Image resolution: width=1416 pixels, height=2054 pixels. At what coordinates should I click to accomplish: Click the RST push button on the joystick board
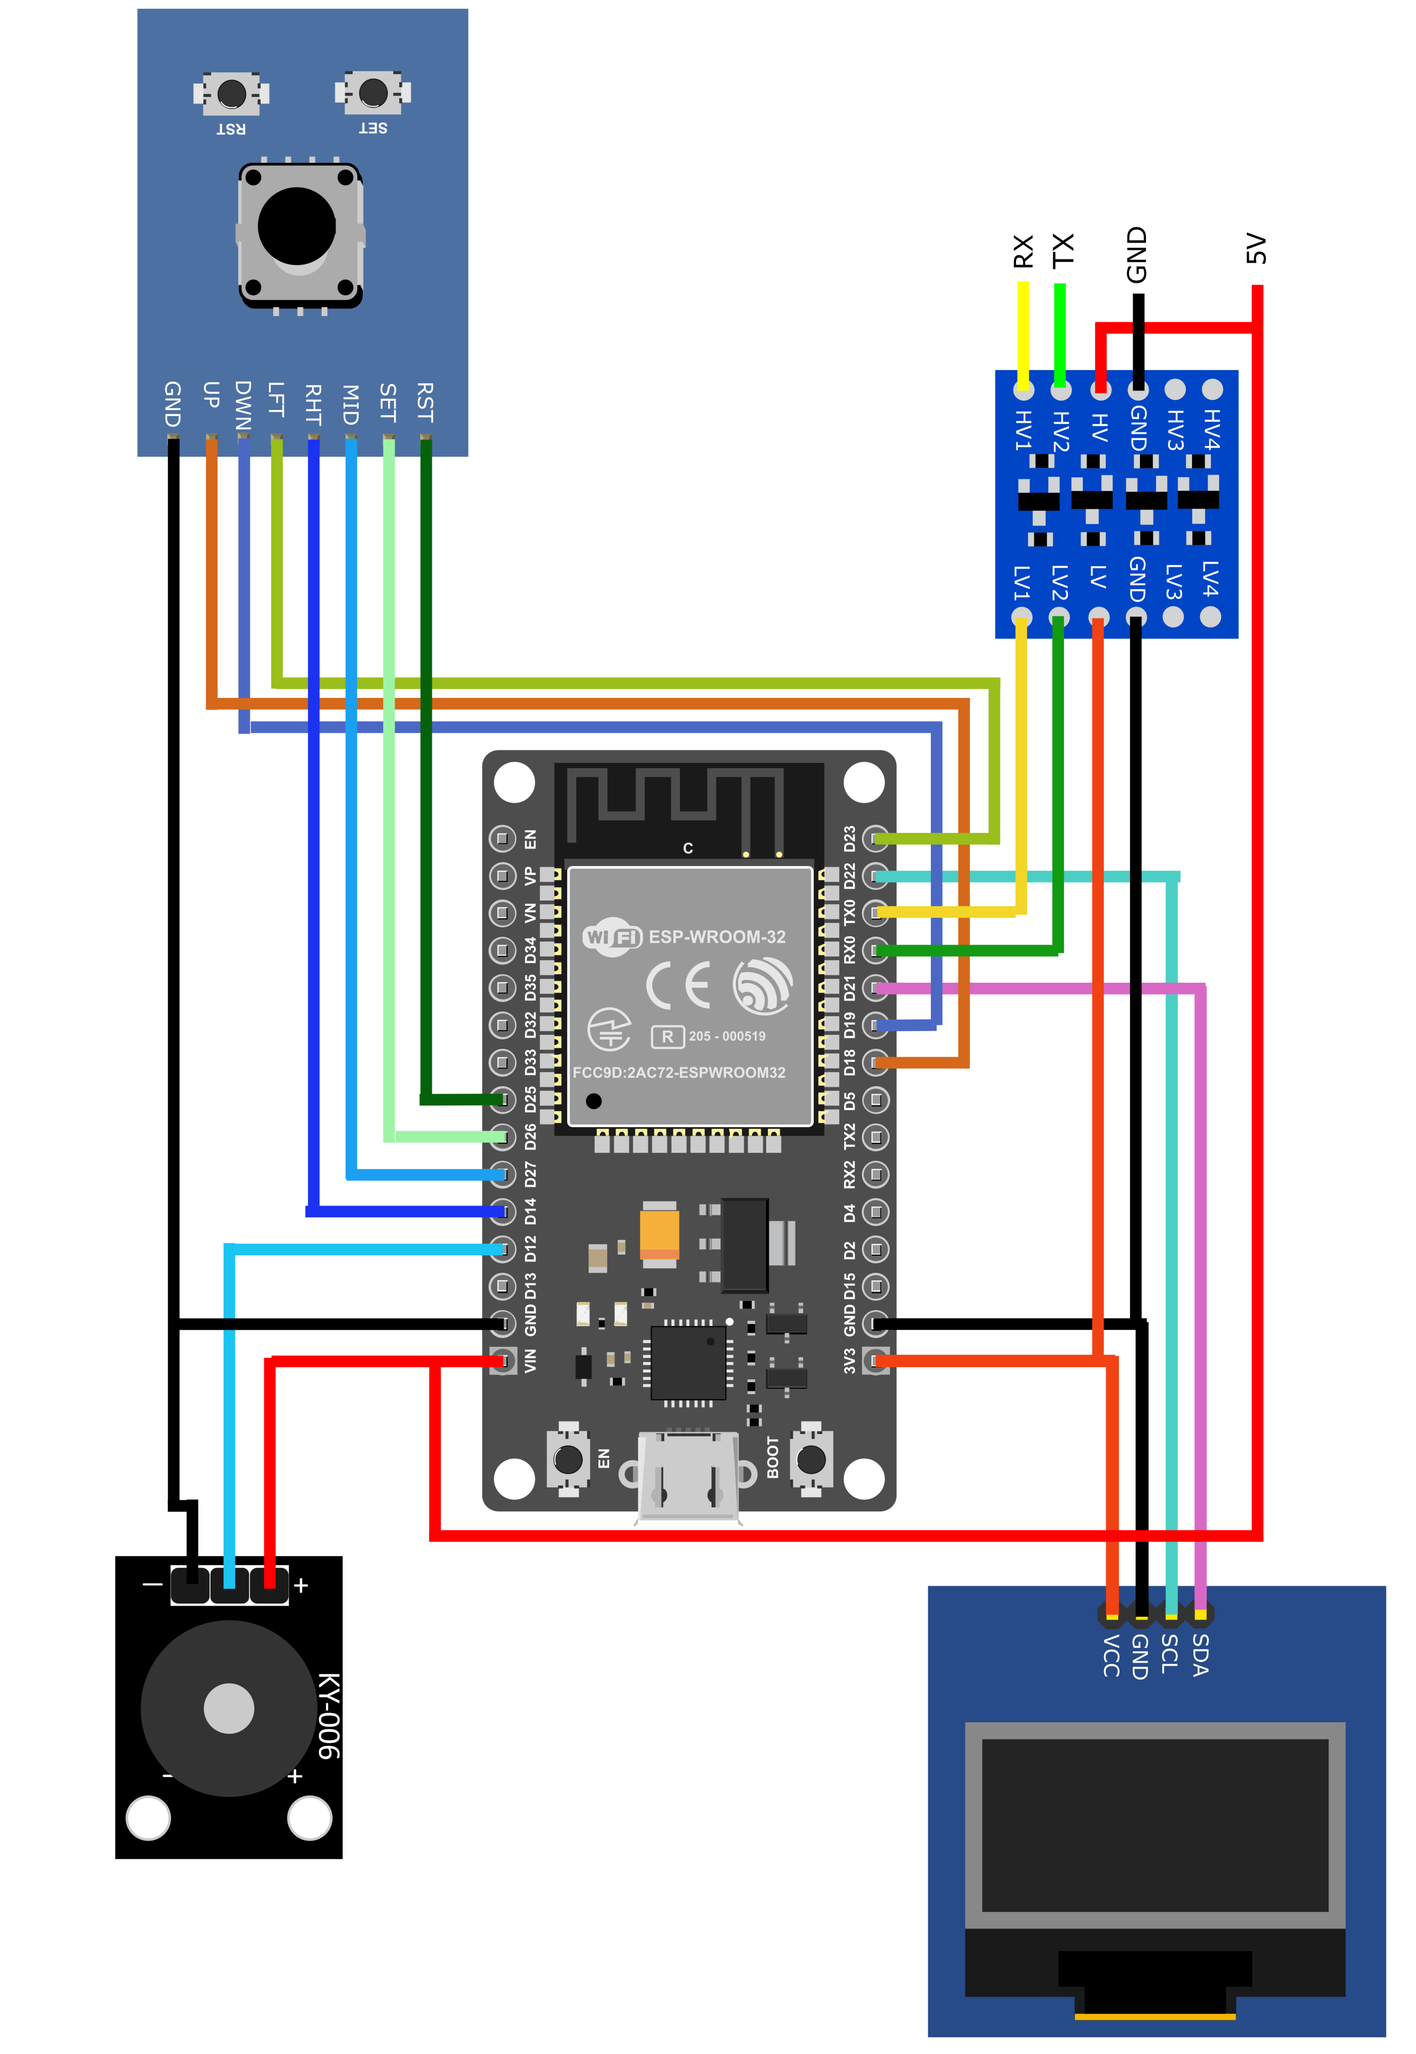(232, 92)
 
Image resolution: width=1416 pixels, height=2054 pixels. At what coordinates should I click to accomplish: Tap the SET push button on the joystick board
(373, 91)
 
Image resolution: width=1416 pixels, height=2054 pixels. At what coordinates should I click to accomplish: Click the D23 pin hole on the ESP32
(876, 838)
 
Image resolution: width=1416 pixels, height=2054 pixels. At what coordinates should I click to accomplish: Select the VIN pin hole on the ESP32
(503, 1360)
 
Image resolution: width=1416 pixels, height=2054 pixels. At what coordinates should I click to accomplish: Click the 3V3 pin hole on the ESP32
(876, 1360)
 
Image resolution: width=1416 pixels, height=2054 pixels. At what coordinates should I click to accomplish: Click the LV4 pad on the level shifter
(1210, 617)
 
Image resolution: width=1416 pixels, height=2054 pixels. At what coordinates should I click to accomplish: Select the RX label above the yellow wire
(1023, 251)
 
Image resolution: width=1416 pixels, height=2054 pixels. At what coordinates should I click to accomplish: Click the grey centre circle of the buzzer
(229, 1708)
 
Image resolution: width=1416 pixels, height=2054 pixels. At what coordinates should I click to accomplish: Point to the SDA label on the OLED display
(1200, 1655)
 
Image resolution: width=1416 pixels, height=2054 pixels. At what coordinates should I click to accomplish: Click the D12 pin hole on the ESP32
(503, 1249)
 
